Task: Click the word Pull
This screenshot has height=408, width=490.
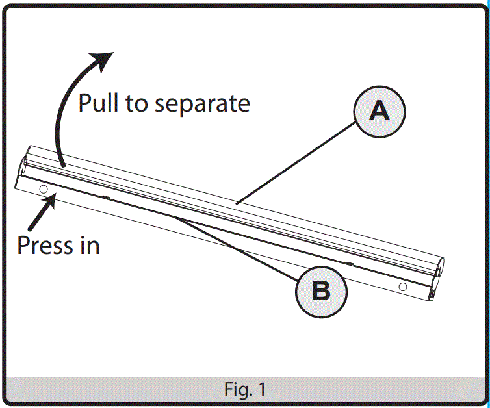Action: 99,103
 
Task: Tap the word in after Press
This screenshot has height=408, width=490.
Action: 90,246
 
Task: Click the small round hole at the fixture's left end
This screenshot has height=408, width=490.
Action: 44,189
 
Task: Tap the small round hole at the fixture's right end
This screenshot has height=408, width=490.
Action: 403,286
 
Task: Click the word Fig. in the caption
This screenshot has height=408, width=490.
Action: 235,390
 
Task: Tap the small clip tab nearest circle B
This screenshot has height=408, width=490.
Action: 349,264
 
